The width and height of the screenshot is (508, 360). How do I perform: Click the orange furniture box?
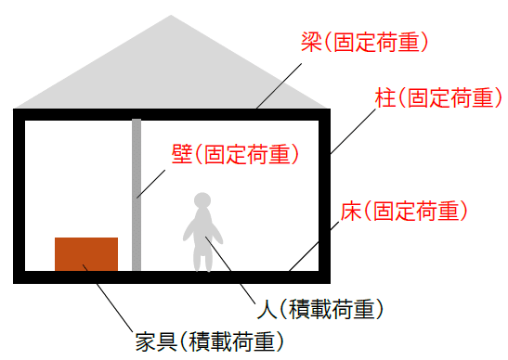tap(86, 254)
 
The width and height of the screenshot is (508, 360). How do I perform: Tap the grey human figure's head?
tap(202, 199)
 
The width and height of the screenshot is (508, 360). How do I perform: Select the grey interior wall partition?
tap(137, 195)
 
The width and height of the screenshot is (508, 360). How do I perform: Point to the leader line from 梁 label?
tap(278, 83)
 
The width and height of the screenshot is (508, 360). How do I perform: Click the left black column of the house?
tap(19, 195)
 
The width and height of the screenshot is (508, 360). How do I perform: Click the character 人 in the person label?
tap(264, 307)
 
